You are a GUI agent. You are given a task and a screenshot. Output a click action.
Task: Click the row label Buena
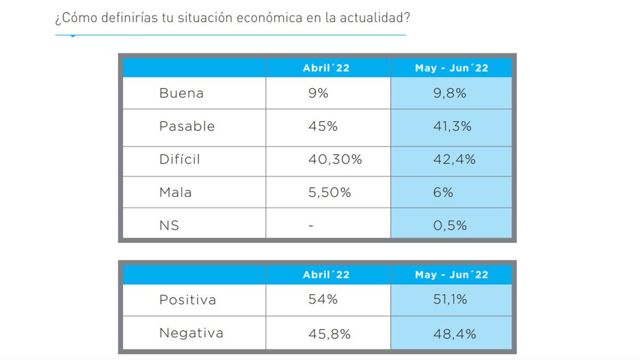tap(181, 93)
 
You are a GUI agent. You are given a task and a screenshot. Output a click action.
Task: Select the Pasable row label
tap(187, 126)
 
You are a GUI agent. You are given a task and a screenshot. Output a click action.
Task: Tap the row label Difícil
tap(180, 159)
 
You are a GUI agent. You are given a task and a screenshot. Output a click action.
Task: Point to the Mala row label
tap(175, 193)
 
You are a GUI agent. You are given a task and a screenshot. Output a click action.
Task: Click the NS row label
tap(169, 226)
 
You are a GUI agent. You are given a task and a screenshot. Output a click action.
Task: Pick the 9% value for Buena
tap(318, 93)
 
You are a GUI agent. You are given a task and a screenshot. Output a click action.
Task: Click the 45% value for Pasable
tap(323, 126)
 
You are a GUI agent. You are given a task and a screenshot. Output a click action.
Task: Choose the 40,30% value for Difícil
tap(335, 159)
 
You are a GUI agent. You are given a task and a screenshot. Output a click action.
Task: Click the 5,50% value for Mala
tap(330, 193)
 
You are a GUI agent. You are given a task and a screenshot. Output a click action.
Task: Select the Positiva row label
tap(188, 300)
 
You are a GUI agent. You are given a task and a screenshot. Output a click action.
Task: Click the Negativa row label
tap(191, 333)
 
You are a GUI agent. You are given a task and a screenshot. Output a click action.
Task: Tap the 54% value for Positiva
tap(323, 300)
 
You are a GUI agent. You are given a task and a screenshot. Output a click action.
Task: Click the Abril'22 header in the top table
tap(326, 68)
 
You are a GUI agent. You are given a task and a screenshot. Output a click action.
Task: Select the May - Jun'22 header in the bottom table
tap(452, 275)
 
